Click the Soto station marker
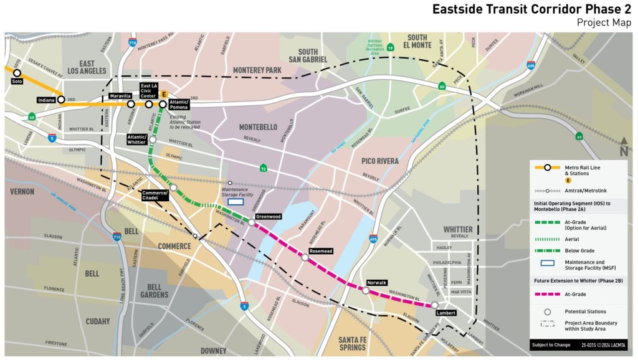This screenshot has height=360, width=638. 17,73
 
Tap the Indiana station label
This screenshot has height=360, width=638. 46,100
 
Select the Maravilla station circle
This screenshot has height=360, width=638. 131,104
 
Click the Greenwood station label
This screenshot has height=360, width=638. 268,217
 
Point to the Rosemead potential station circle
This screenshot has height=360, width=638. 305,257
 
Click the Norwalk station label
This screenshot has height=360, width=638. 377,283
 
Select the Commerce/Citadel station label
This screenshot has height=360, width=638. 155,195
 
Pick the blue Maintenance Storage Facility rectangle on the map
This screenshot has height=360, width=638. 236,201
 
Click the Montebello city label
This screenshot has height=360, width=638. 258,127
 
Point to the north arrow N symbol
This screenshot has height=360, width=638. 624,149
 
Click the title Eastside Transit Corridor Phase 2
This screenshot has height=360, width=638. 533,10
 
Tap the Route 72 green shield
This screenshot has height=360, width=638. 264,168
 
